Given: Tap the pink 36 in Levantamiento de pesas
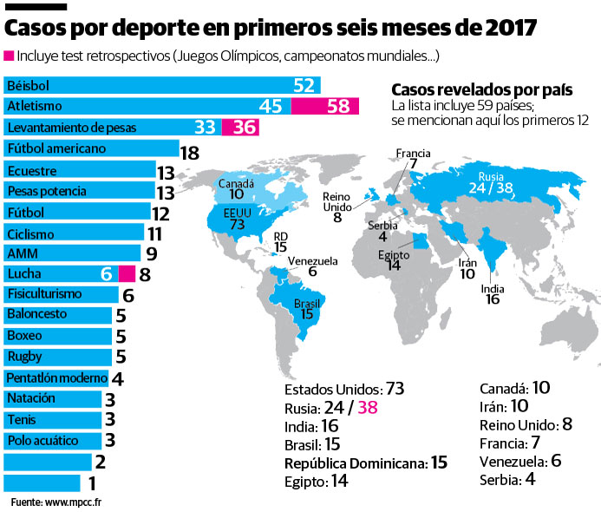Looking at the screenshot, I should tap(241, 127).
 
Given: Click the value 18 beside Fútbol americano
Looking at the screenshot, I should tap(189, 153).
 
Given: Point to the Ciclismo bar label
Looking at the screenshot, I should tap(30, 233).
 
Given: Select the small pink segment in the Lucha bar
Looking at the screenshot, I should tap(125, 273).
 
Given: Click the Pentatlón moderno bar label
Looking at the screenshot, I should tap(55, 378).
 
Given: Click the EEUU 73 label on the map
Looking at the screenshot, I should tap(236, 217).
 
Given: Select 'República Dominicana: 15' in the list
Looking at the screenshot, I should tap(365, 463).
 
